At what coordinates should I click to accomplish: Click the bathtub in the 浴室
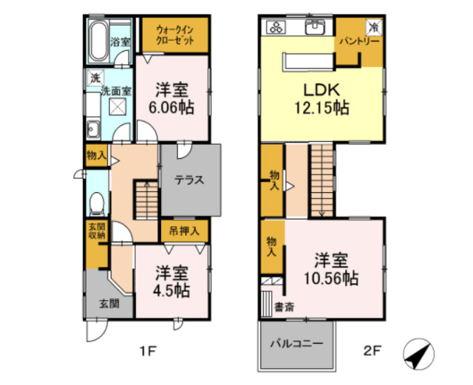[x=98, y=39]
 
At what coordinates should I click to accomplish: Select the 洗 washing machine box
[x=95, y=78]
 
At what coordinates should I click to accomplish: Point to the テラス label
[x=189, y=180]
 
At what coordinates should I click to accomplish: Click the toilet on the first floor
[x=95, y=202]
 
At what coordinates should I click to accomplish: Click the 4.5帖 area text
[x=171, y=290]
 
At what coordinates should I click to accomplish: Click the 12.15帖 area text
[x=321, y=107]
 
